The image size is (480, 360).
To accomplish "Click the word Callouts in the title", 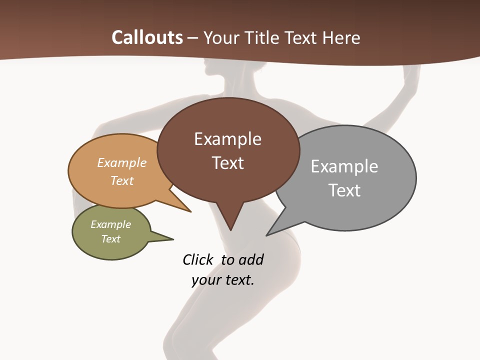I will (x=147, y=37).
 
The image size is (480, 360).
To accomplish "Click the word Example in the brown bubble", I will (x=227, y=139).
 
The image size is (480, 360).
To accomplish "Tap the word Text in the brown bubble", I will (x=228, y=163).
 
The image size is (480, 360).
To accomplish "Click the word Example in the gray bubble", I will (x=344, y=166).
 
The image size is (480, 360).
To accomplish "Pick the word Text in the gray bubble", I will (x=344, y=190).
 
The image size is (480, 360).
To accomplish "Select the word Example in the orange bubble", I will (x=122, y=163).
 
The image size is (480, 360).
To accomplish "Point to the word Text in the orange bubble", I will (x=122, y=180).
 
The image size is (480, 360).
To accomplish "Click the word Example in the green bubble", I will (x=110, y=224).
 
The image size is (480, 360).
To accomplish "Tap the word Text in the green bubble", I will (x=110, y=239).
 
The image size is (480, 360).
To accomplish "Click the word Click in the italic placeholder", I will (x=198, y=259).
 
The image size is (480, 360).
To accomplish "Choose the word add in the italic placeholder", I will (x=251, y=259).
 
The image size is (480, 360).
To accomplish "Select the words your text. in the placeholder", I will (x=223, y=280).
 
